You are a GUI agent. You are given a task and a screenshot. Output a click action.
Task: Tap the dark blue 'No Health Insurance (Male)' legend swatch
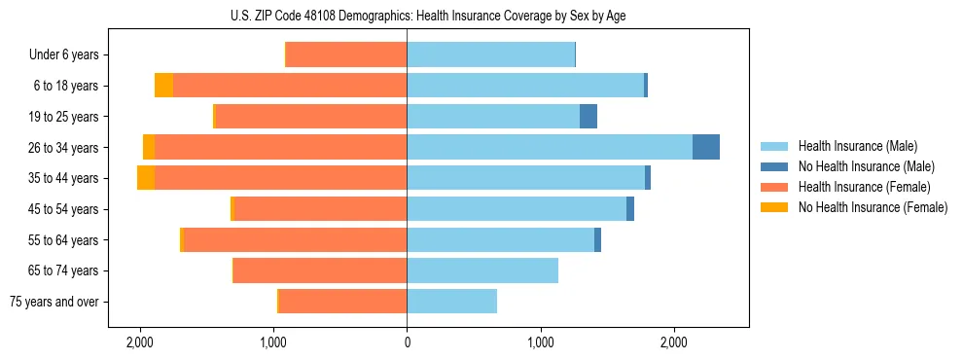point(773,166)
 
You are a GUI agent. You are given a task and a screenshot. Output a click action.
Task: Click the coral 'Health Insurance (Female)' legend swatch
point(773,187)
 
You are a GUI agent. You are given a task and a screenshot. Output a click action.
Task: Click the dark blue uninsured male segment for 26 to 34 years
point(706,147)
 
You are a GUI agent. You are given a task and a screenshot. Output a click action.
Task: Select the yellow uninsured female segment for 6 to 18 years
point(163,86)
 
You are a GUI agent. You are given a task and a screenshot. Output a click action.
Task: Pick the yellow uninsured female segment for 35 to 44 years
point(146,178)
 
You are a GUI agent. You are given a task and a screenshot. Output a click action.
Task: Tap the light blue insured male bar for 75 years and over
point(451,302)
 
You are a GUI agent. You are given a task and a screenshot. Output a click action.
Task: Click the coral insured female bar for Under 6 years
point(346,55)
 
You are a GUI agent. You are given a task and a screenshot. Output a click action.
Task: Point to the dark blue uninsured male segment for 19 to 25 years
point(588,117)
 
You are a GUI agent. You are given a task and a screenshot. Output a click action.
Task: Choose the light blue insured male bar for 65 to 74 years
point(482,270)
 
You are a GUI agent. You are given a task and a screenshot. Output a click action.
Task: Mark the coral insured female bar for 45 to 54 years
point(321,209)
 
